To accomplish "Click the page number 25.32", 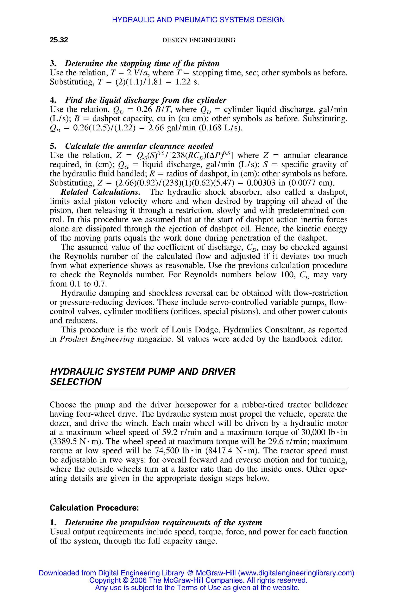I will point(59,40).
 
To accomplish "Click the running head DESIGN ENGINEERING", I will point(198,40).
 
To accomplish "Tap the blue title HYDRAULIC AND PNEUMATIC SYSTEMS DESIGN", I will point(198,20).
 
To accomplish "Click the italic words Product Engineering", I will point(97,339).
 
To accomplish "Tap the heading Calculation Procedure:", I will point(94,508).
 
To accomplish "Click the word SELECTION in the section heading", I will point(76,382).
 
